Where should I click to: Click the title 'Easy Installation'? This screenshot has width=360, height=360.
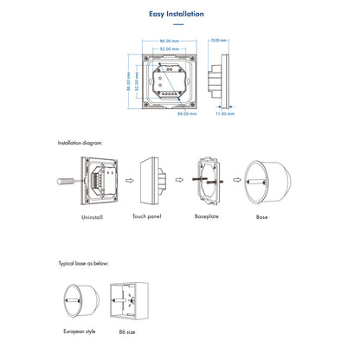pyautogui.click(x=177, y=14)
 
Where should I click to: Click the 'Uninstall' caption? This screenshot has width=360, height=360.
pyautogui.click(x=91, y=217)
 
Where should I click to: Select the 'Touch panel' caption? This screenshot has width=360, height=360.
pyautogui.click(x=148, y=216)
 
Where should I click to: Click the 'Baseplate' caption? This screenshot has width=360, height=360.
pyautogui.click(x=207, y=216)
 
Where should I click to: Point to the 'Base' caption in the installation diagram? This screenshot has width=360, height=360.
pyautogui.click(x=262, y=216)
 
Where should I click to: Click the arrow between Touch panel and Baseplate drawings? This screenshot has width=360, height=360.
pyautogui.click(x=180, y=180)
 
